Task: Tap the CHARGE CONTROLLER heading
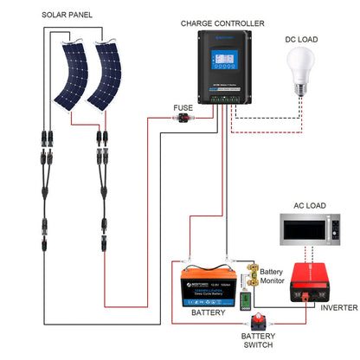point(222,23)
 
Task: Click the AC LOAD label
point(310,205)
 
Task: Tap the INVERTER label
point(338,307)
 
